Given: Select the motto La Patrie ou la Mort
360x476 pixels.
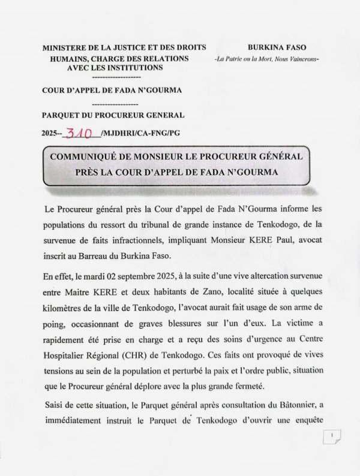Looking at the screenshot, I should point(266,60).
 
